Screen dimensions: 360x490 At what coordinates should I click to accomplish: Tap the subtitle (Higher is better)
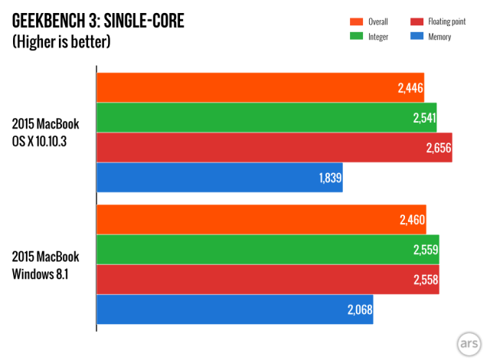click(61, 41)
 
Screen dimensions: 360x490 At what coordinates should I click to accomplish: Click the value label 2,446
click(410, 88)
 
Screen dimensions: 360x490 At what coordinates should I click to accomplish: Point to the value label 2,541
click(422, 118)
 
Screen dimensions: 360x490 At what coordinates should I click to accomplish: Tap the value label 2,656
click(437, 148)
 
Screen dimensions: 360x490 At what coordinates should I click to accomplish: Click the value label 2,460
click(412, 221)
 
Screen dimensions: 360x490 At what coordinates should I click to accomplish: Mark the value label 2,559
click(425, 250)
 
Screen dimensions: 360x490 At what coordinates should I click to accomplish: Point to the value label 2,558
click(425, 280)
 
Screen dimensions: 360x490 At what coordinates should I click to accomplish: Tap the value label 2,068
click(359, 309)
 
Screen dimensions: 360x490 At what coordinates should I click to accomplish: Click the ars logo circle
click(468, 342)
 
